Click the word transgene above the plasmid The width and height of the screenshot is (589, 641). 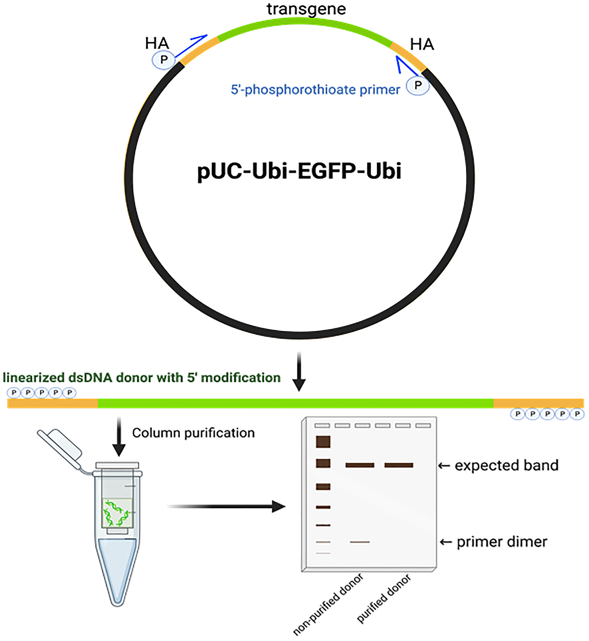pyautogui.click(x=306, y=9)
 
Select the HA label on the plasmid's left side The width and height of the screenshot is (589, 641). pyautogui.click(x=157, y=43)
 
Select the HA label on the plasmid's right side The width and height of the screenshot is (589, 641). pyautogui.click(x=422, y=44)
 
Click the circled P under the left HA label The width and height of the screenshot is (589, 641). pyautogui.click(x=164, y=60)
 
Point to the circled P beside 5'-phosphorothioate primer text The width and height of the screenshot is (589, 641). pyautogui.click(x=418, y=85)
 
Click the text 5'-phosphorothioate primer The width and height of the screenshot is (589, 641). pyautogui.click(x=315, y=89)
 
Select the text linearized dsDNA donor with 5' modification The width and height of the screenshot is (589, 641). pyautogui.click(x=142, y=378)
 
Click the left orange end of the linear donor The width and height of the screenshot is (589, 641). pyautogui.click(x=52, y=403)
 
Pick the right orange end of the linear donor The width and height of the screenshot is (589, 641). pyautogui.click(x=538, y=403)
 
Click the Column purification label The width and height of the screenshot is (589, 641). pyautogui.click(x=193, y=433)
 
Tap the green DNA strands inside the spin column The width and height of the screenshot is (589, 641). pyautogui.click(x=116, y=513)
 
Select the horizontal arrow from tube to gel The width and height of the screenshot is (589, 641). pyautogui.click(x=226, y=506)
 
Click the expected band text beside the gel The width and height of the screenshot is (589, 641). pyautogui.click(x=506, y=465)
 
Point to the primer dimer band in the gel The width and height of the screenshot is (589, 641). pyautogui.click(x=360, y=542)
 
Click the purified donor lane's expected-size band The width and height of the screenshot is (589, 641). pyautogui.click(x=399, y=465)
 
